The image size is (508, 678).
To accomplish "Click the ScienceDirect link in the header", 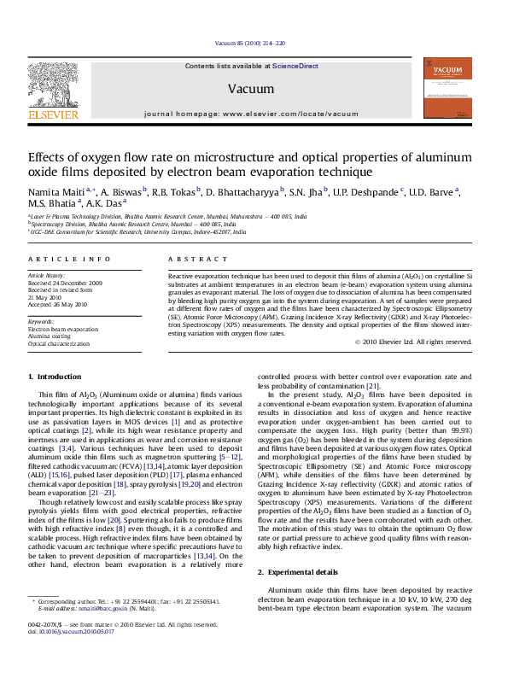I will pos(295,66).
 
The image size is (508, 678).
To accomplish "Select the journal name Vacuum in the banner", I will pos(245,89).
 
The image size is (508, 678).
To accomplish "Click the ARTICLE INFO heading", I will pos(69,259).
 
